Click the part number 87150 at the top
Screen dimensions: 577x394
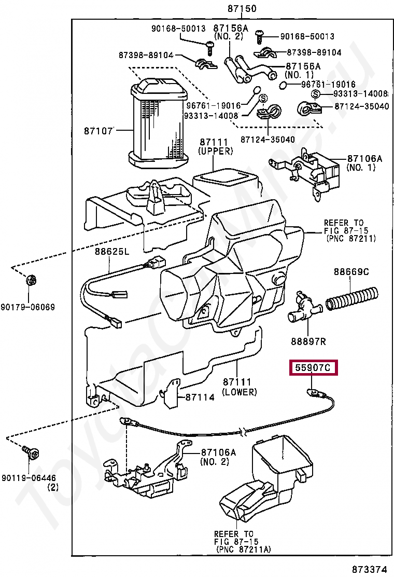242,9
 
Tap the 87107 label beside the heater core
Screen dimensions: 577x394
98,131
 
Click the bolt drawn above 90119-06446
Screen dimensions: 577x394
30,452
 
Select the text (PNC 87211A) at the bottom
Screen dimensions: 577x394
242,549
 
